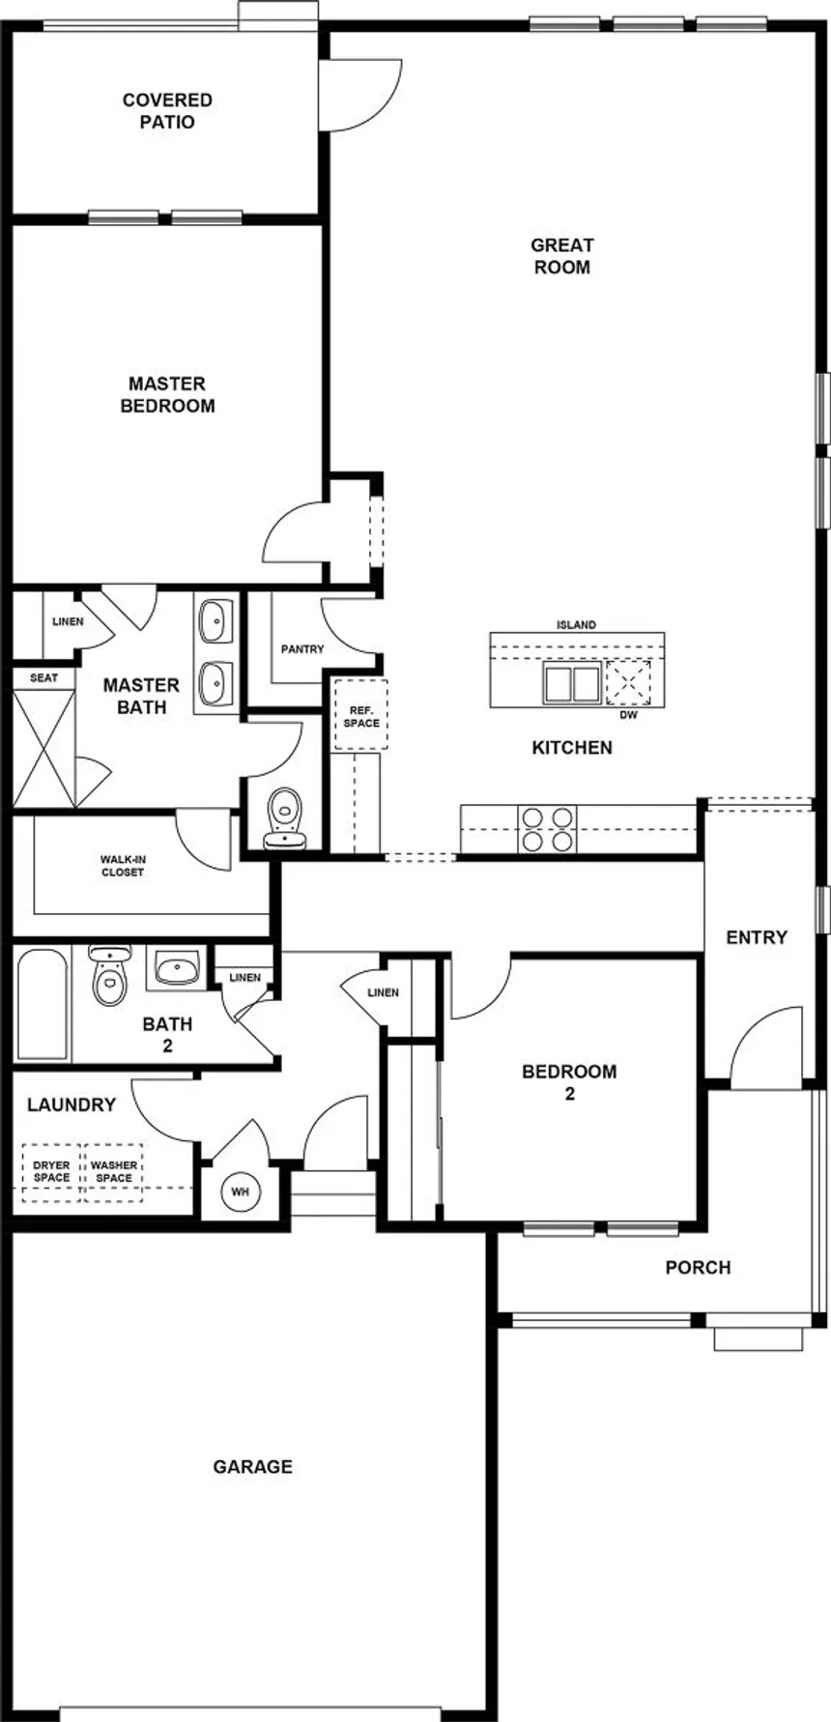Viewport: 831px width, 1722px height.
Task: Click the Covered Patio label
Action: [167, 111]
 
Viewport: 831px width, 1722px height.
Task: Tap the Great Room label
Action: [561, 256]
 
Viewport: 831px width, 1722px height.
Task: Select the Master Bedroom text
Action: [167, 395]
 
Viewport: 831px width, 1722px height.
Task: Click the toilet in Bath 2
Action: [109, 975]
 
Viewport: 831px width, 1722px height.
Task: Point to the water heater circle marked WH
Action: [240, 1191]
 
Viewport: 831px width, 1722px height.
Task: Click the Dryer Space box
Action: [51, 1172]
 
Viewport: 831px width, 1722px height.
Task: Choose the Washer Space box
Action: [114, 1172]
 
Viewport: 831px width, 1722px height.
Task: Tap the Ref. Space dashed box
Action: [361, 715]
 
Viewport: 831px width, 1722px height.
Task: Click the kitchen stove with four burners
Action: [547, 829]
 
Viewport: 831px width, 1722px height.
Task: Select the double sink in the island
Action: [572, 683]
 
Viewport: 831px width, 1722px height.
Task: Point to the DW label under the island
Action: [629, 716]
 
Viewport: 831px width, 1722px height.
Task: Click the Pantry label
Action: [302, 649]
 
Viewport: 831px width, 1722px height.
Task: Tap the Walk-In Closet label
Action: [123, 866]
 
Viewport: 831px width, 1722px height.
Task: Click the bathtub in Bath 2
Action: [43, 1004]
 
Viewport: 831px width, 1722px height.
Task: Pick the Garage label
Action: [253, 1467]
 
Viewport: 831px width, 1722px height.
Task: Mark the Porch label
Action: [698, 1268]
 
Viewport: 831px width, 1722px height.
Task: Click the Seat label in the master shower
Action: [43, 678]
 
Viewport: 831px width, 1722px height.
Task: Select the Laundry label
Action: [72, 1105]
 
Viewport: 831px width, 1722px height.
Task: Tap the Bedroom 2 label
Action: [569, 1082]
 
